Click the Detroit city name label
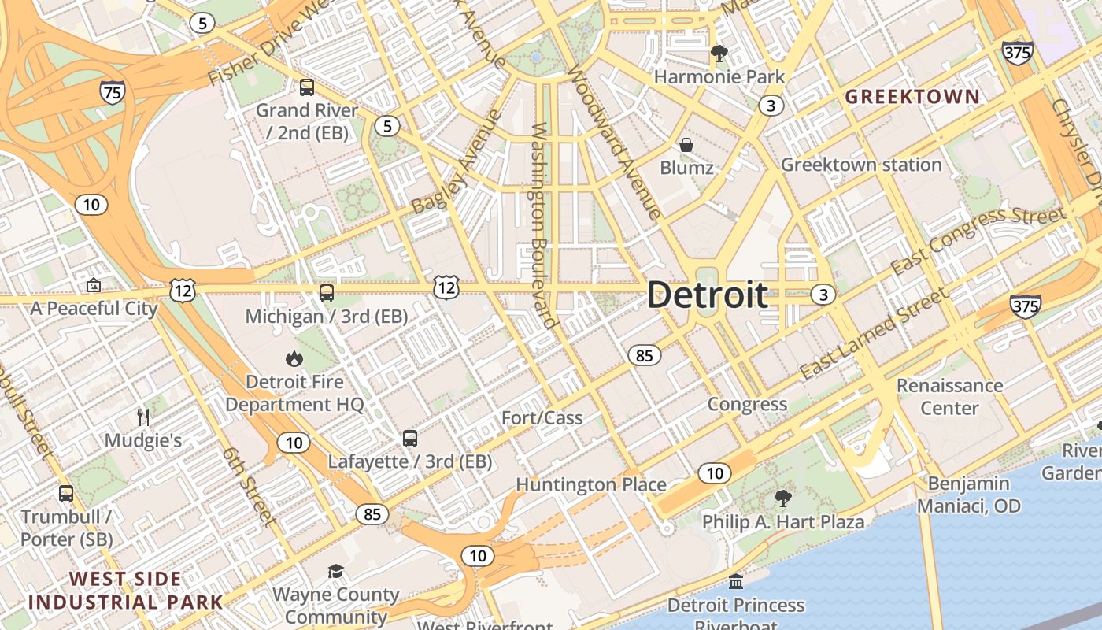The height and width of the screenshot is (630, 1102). click(x=707, y=295)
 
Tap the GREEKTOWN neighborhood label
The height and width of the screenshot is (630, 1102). click(x=912, y=97)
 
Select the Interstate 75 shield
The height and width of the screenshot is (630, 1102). click(x=113, y=93)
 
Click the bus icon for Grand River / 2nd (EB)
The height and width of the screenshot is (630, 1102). click(x=307, y=87)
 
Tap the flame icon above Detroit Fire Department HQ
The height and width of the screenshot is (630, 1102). click(x=294, y=359)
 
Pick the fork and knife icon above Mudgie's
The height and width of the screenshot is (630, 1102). click(x=143, y=417)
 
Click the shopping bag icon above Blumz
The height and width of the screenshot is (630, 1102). click(x=686, y=145)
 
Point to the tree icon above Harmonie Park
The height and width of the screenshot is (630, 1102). click(x=719, y=54)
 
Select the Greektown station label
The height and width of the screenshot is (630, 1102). click(x=861, y=165)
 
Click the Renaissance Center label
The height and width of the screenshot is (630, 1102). click(x=949, y=396)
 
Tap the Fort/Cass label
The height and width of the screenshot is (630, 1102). click(x=542, y=417)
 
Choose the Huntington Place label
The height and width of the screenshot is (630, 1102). click(x=591, y=484)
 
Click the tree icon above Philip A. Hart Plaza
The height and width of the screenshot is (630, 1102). click(x=782, y=498)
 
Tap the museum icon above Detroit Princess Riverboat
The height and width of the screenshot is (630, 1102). click(x=736, y=582)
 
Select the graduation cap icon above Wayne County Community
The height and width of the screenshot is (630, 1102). click(x=336, y=571)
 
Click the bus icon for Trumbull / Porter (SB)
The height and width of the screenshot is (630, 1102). click(x=66, y=494)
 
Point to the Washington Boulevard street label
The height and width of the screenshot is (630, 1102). click(x=543, y=224)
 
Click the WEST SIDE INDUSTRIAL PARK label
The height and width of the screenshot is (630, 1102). click(x=126, y=591)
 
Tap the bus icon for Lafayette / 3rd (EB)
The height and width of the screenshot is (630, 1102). click(x=410, y=439)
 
